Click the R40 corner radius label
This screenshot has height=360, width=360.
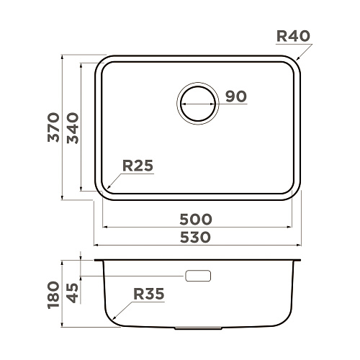pyautogui.click(x=293, y=36)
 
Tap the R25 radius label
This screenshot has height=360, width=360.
pyautogui.click(x=138, y=166)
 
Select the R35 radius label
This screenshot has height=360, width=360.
pyautogui.click(x=149, y=294)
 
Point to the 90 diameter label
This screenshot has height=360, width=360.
pyautogui.click(x=236, y=96)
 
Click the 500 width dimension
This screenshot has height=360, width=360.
pyautogui.click(x=196, y=219)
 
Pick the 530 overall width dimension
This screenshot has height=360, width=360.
pyautogui.click(x=195, y=237)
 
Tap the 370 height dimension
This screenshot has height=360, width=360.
pyautogui.click(x=53, y=127)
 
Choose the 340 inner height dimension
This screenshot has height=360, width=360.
pyautogui.click(x=73, y=128)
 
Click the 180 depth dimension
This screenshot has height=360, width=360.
pyautogui.click(x=53, y=294)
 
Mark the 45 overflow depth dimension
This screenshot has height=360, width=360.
pyautogui.click(x=73, y=293)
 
